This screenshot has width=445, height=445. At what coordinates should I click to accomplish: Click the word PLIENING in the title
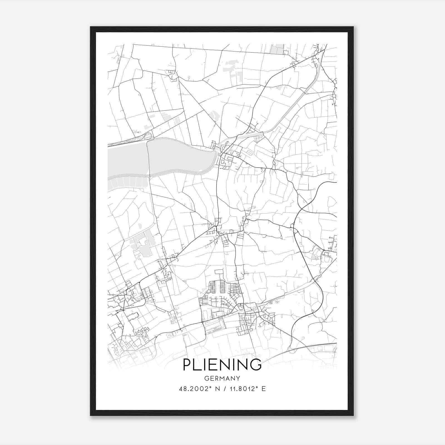[222, 365]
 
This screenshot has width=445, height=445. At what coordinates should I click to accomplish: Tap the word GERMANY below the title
[222, 379]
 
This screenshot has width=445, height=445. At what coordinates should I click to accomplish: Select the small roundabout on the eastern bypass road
[292, 226]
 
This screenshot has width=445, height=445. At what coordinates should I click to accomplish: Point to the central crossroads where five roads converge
[216, 228]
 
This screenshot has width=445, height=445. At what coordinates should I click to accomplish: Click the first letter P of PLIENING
[187, 365]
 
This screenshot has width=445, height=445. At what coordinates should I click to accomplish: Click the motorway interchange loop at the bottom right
[292, 350]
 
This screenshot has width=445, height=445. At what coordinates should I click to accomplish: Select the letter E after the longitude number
[264, 389]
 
